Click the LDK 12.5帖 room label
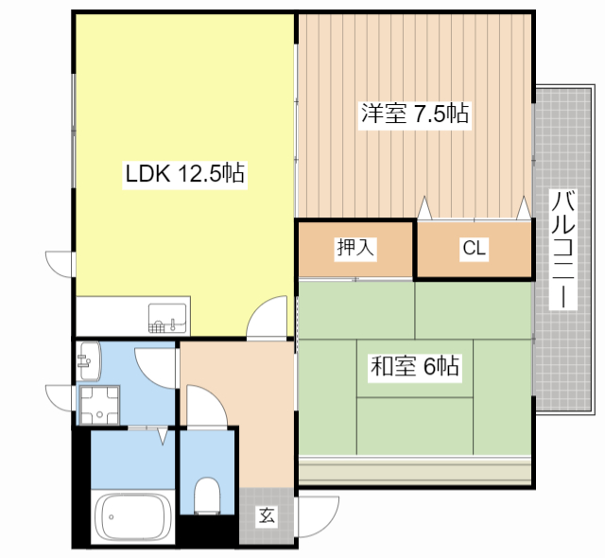coord(185,173)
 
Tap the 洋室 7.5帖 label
coord(414,114)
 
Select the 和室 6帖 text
coord(414,366)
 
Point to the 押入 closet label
coord(356,249)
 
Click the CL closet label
coord(474,249)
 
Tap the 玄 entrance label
coord(268,516)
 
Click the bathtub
coord(132,518)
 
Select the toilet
coord(205,495)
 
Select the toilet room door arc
coord(208,402)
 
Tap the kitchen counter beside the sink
coord(109,317)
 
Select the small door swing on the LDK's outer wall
coord(59,262)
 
